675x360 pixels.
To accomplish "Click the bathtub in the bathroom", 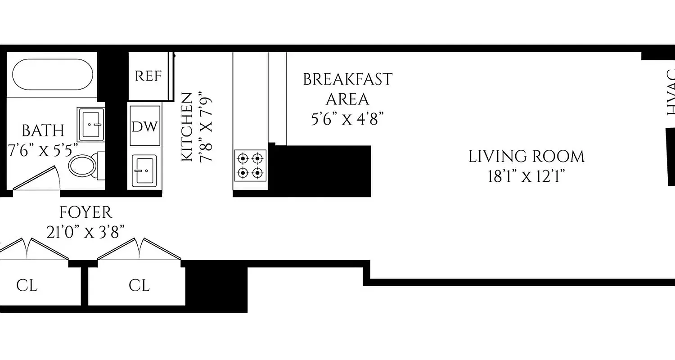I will [x=53, y=75].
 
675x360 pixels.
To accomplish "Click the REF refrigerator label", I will [x=148, y=76].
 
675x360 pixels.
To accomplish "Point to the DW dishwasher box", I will [x=145, y=126].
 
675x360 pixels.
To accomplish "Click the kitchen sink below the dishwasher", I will [x=144, y=171].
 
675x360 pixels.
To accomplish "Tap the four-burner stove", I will [x=250, y=165].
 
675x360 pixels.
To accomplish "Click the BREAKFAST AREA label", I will [x=347, y=89].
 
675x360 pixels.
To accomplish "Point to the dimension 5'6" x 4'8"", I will [x=347, y=119].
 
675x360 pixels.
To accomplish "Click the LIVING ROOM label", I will [x=526, y=157].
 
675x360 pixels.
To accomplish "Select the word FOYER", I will [x=85, y=211].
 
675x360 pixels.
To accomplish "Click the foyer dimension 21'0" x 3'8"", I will [x=85, y=232].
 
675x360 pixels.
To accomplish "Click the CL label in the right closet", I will [x=139, y=285].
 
